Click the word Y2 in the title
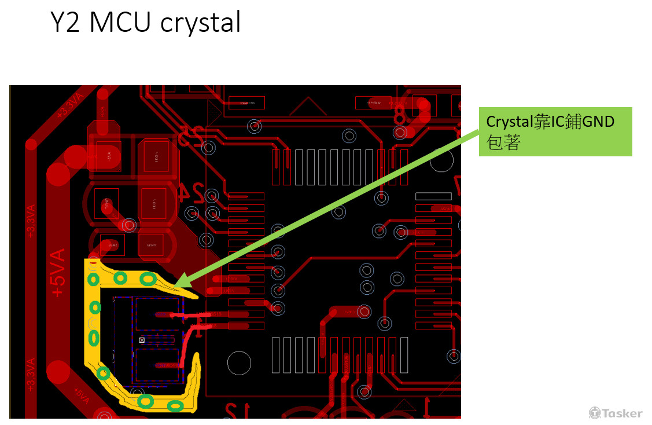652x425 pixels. [65, 23]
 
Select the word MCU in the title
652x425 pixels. [120, 23]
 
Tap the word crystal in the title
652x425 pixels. [200, 24]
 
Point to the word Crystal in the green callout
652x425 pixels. [508, 122]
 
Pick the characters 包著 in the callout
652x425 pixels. [504, 142]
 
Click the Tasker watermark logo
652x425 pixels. [616, 413]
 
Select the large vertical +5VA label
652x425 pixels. [58, 273]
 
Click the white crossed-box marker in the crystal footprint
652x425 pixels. [142, 340]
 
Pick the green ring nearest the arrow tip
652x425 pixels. [148, 279]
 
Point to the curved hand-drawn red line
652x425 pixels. [188, 347]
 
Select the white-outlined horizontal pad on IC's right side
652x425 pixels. [433, 196]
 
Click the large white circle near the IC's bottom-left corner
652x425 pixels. [239, 363]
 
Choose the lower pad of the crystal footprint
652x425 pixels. [157, 365]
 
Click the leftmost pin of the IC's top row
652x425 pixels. [276, 167]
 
